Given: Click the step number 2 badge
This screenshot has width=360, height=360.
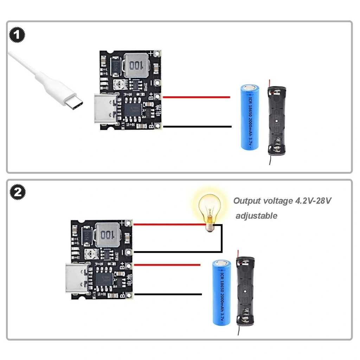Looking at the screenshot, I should (17, 192).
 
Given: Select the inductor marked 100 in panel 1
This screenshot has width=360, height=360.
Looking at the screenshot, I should (136, 66).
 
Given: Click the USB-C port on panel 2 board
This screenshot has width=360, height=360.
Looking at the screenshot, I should (77, 278).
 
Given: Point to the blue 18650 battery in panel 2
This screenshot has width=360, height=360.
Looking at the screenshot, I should (221, 292).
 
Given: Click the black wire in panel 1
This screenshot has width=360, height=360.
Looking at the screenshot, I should (197, 127).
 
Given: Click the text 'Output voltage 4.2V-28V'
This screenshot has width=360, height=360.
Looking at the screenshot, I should (282, 201).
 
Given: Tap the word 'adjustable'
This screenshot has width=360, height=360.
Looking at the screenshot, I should (256, 216).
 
